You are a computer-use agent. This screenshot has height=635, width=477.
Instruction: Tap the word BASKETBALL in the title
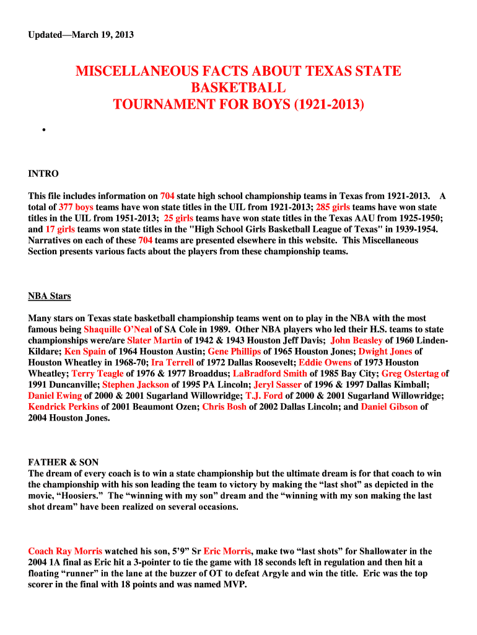click(239, 88)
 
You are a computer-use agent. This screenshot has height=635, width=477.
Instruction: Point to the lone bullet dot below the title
click(44, 131)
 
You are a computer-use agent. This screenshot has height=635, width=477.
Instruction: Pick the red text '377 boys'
click(76, 206)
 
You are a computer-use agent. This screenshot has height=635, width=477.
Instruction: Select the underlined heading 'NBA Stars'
click(50, 296)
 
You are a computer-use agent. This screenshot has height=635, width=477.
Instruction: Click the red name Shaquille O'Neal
click(118, 329)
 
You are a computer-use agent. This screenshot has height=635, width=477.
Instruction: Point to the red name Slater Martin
click(154, 340)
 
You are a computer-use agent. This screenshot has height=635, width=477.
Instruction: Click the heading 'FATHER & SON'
click(63, 463)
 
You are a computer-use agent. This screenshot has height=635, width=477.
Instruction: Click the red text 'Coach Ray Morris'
click(65, 551)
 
